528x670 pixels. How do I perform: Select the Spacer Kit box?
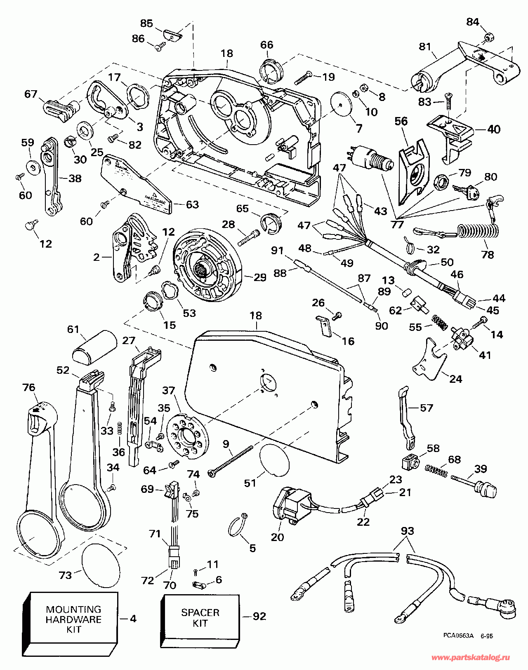click(x=200, y=618)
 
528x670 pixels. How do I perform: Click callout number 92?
click(x=259, y=616)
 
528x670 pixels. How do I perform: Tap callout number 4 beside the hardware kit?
click(x=133, y=619)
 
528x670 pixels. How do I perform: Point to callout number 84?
click(x=473, y=21)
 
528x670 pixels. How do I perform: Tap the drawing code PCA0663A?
click(x=458, y=636)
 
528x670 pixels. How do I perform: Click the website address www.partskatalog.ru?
click(x=470, y=658)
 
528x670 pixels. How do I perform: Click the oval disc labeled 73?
click(x=101, y=565)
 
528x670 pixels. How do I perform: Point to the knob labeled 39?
click(x=487, y=490)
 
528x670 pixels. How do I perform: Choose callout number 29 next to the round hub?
click(x=260, y=277)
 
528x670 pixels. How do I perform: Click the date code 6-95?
click(x=486, y=636)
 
